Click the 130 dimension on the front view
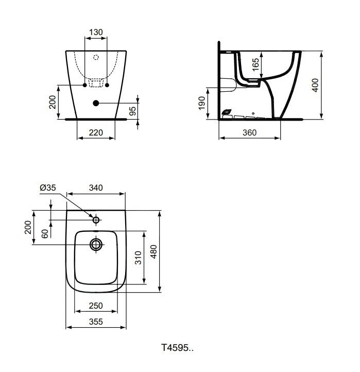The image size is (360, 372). [96, 32]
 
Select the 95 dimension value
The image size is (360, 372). [133, 111]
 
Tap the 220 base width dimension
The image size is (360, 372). [96, 133]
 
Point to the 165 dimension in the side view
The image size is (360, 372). [256, 65]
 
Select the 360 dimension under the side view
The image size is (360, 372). [249, 133]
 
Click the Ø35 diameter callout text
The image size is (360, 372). [48, 188]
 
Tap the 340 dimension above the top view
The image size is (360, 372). [96, 188]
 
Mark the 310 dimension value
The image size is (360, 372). [138, 258]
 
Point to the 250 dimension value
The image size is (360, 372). [96, 306]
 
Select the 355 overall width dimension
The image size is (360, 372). [96, 322]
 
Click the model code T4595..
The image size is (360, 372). [178, 348]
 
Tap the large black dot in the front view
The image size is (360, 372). [96, 103]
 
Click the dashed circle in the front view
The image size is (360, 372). [96, 58]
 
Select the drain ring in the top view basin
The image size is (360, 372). [96, 244]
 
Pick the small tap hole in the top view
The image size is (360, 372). [96, 220]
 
